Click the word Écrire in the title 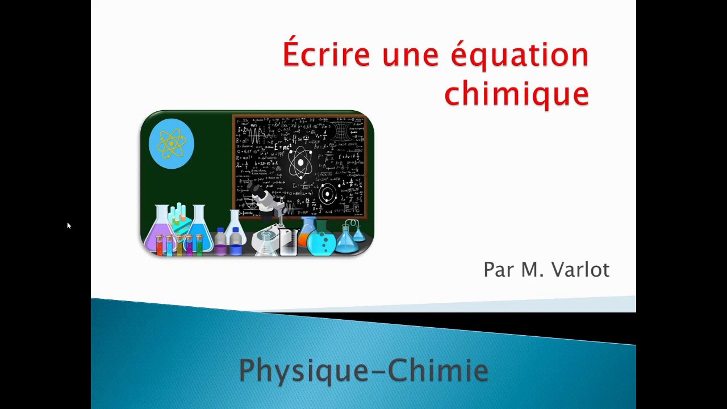point(326,55)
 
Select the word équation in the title point(519,56)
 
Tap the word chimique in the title point(516,93)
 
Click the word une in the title point(410,56)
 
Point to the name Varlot point(578,269)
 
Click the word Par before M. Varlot point(498,269)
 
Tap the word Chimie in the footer point(438,370)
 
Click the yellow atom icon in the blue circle point(172,144)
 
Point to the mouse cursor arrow point(68,226)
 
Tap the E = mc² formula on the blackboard point(282,147)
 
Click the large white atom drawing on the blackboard point(300,164)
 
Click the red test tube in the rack point(160,244)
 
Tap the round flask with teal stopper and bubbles point(321,240)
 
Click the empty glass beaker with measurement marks point(289,241)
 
